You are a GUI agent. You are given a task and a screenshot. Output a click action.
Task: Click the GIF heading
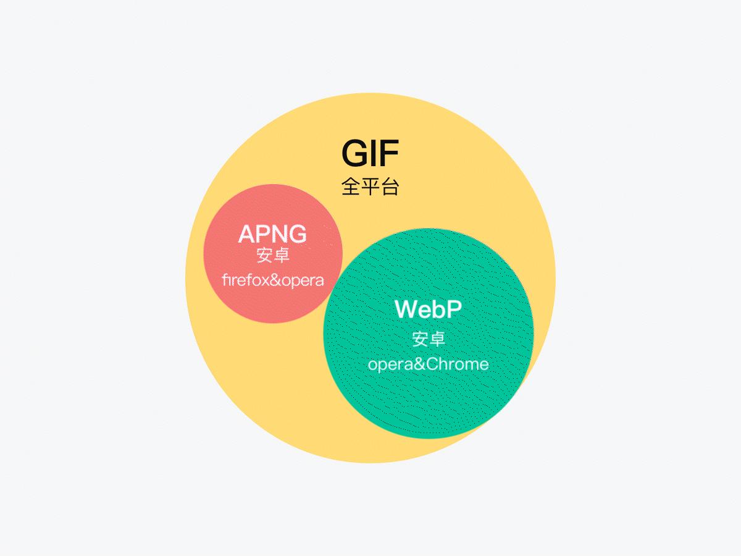(x=370, y=154)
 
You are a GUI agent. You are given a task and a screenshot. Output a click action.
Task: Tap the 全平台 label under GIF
(x=370, y=187)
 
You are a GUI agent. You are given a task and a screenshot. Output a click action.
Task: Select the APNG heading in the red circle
(x=272, y=235)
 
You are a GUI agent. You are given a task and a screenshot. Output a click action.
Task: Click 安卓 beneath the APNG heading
(x=272, y=255)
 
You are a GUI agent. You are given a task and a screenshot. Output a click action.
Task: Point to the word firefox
(x=245, y=280)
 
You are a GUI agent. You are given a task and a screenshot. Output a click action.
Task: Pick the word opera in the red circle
(x=303, y=280)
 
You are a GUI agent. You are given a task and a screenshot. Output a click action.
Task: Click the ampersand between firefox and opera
(x=275, y=280)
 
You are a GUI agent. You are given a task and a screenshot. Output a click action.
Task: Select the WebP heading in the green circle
(x=428, y=309)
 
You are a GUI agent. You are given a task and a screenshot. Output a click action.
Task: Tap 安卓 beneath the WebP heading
(x=428, y=339)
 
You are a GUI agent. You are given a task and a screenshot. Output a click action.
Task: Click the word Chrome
(x=457, y=364)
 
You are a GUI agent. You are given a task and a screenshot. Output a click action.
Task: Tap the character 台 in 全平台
(x=390, y=187)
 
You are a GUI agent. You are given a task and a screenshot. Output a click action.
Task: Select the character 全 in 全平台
(x=350, y=187)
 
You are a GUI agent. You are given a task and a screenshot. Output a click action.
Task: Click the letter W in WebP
(x=408, y=309)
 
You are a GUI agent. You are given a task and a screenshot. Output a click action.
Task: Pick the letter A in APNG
(x=246, y=235)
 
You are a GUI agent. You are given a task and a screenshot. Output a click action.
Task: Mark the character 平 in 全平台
(x=370, y=187)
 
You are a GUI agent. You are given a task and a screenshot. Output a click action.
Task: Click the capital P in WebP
(x=453, y=309)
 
